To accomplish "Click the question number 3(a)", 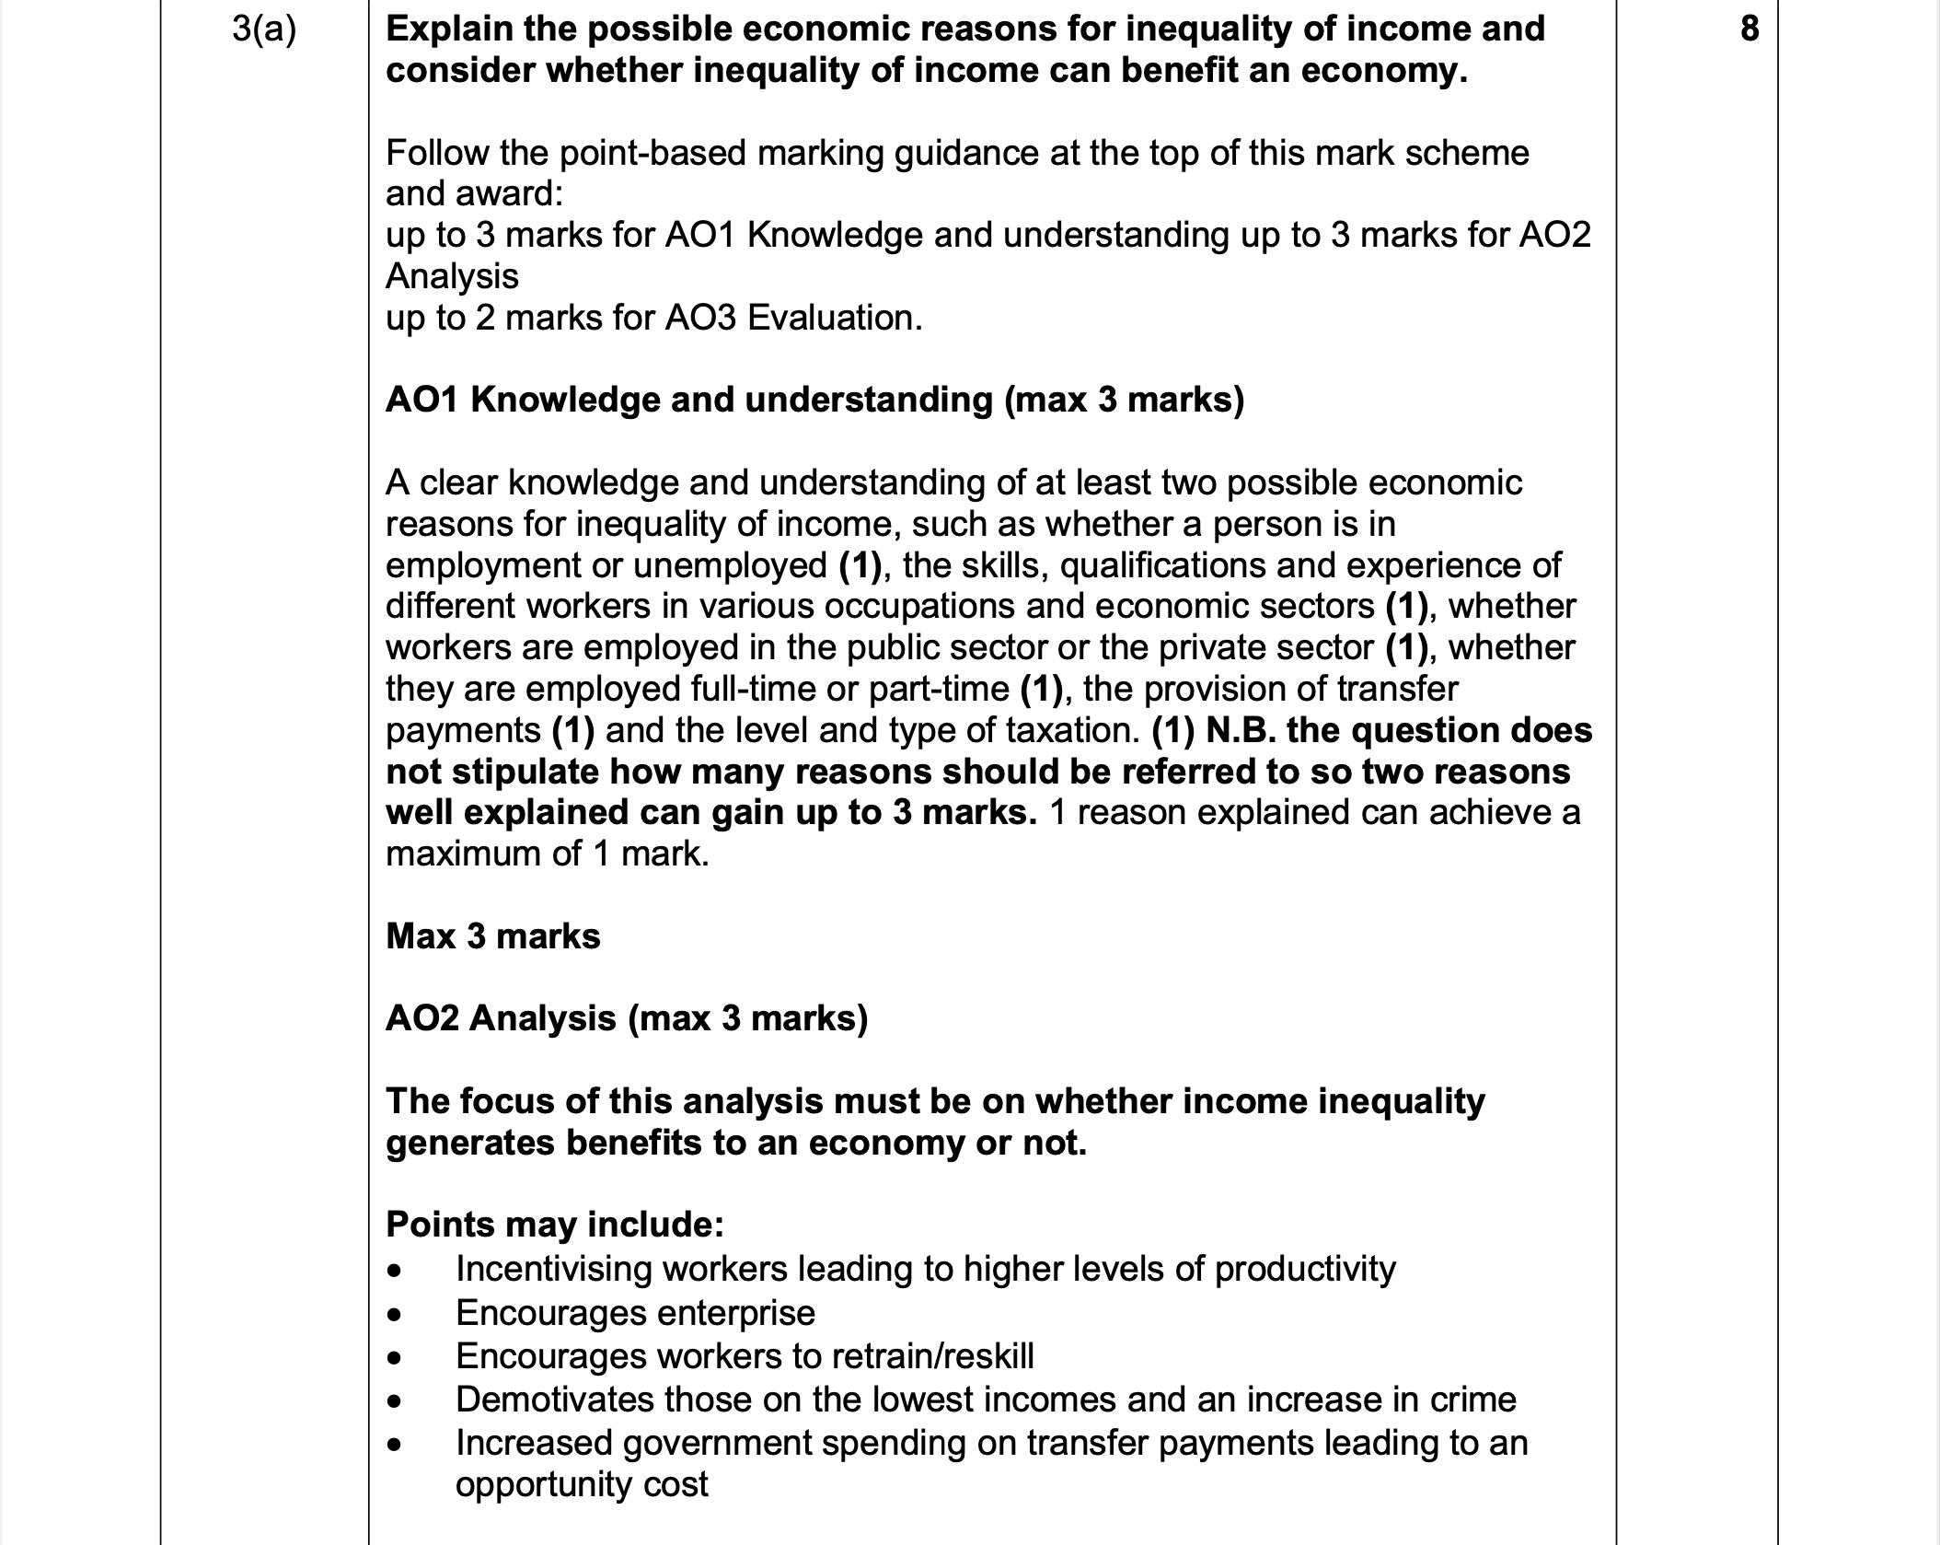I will (x=264, y=29).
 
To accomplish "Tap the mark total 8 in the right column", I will (x=1749, y=29).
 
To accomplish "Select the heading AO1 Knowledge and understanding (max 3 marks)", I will (x=814, y=400).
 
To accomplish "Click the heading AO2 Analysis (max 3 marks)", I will (x=626, y=1018).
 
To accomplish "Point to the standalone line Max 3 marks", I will (x=492, y=936).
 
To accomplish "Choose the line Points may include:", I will (x=555, y=1225).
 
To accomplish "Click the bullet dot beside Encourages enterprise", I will (x=395, y=1315).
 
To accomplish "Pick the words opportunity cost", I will (x=582, y=1484).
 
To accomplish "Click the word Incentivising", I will (x=553, y=1269).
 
